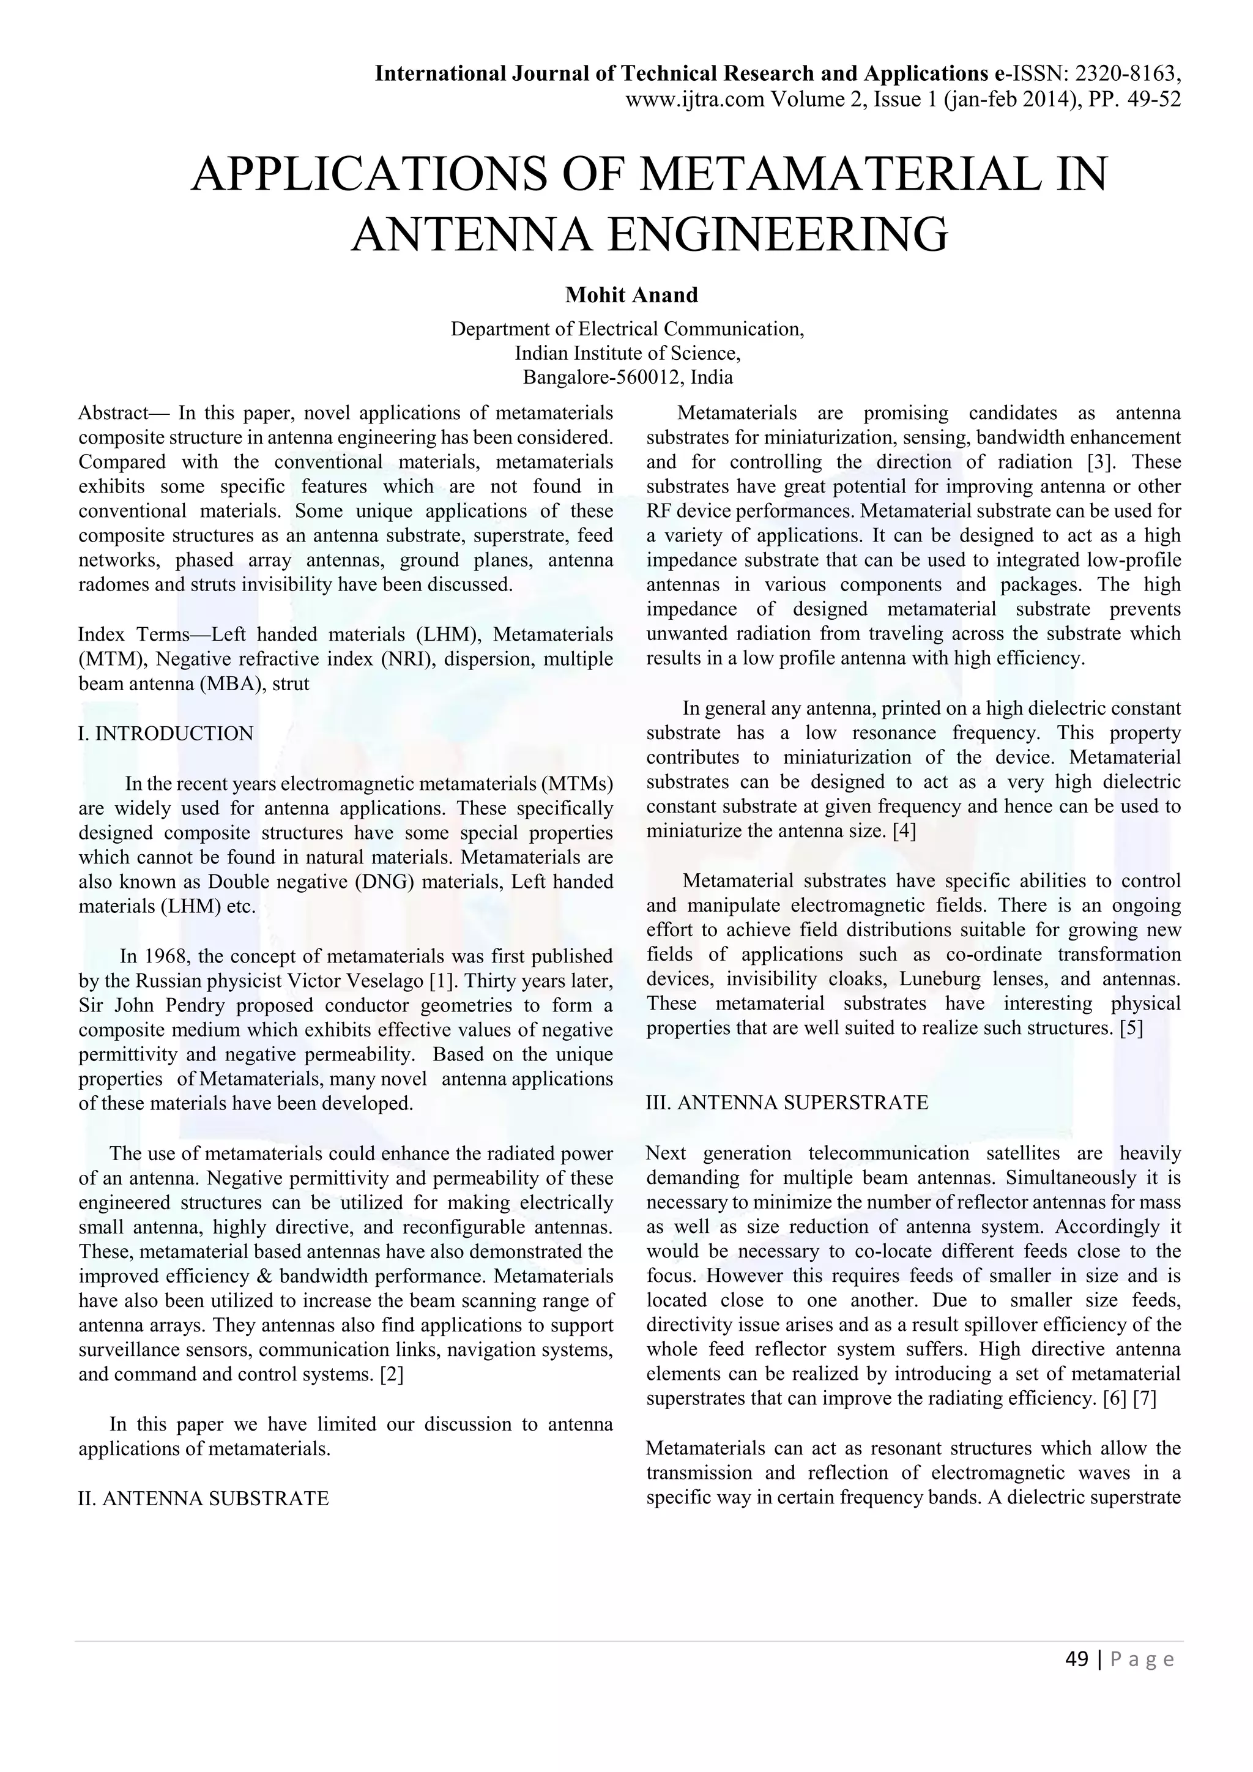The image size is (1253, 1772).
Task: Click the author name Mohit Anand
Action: pyautogui.click(x=631, y=295)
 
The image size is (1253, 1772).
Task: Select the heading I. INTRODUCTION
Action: pyautogui.click(x=166, y=733)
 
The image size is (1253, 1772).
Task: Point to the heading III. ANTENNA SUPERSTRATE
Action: pyautogui.click(x=787, y=1102)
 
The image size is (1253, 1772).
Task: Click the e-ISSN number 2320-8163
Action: pyautogui.click(x=1126, y=73)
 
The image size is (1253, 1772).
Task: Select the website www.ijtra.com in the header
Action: pyautogui.click(x=694, y=99)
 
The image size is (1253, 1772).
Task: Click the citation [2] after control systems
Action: pyautogui.click(x=392, y=1374)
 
